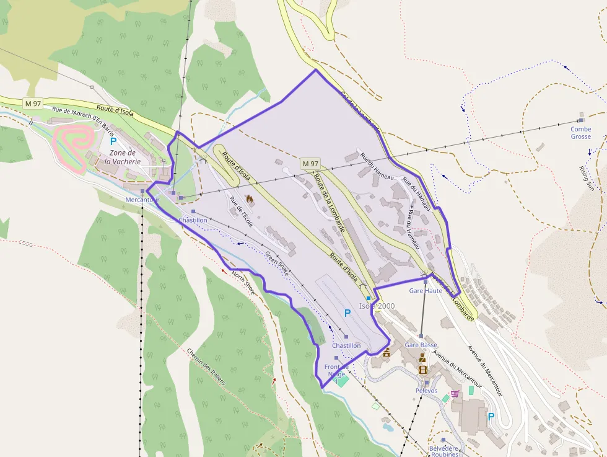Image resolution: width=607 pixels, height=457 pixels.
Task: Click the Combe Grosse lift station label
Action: (x=581, y=133)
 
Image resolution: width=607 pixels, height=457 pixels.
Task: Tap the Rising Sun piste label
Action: (x=587, y=178)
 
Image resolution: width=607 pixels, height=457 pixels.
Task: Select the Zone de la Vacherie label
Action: (x=122, y=157)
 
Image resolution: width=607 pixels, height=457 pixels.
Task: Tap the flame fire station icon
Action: (x=250, y=200)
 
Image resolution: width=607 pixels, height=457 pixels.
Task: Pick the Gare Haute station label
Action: (x=426, y=290)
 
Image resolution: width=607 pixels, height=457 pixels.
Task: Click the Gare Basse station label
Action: (x=421, y=345)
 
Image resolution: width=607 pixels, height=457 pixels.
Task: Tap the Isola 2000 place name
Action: (x=377, y=306)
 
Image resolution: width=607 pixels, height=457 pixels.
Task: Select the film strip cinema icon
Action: (x=423, y=370)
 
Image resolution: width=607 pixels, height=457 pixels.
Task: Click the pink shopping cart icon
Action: (x=455, y=393)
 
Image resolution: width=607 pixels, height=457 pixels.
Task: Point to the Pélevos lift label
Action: (x=426, y=391)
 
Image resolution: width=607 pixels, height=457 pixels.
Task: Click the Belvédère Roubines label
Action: (x=443, y=451)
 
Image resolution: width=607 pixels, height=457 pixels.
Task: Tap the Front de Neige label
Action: (x=336, y=370)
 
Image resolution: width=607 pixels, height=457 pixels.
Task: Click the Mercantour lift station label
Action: (x=142, y=200)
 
